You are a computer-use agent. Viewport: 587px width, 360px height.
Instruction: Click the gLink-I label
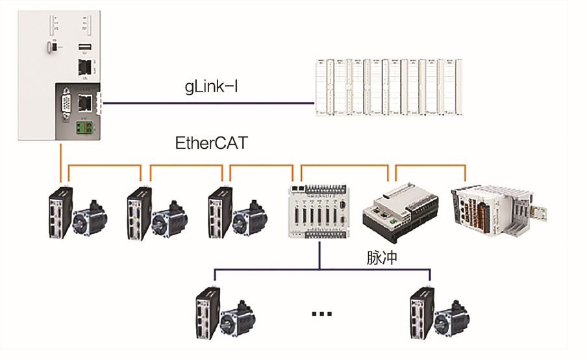coord(210,86)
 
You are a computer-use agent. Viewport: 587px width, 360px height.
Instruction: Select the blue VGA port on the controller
coord(65,105)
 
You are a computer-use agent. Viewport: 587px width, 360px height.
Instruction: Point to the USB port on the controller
coord(84,47)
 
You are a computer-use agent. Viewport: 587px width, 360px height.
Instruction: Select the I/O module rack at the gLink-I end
coord(389,87)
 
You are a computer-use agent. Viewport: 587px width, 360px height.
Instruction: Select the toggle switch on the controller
coord(51,47)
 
